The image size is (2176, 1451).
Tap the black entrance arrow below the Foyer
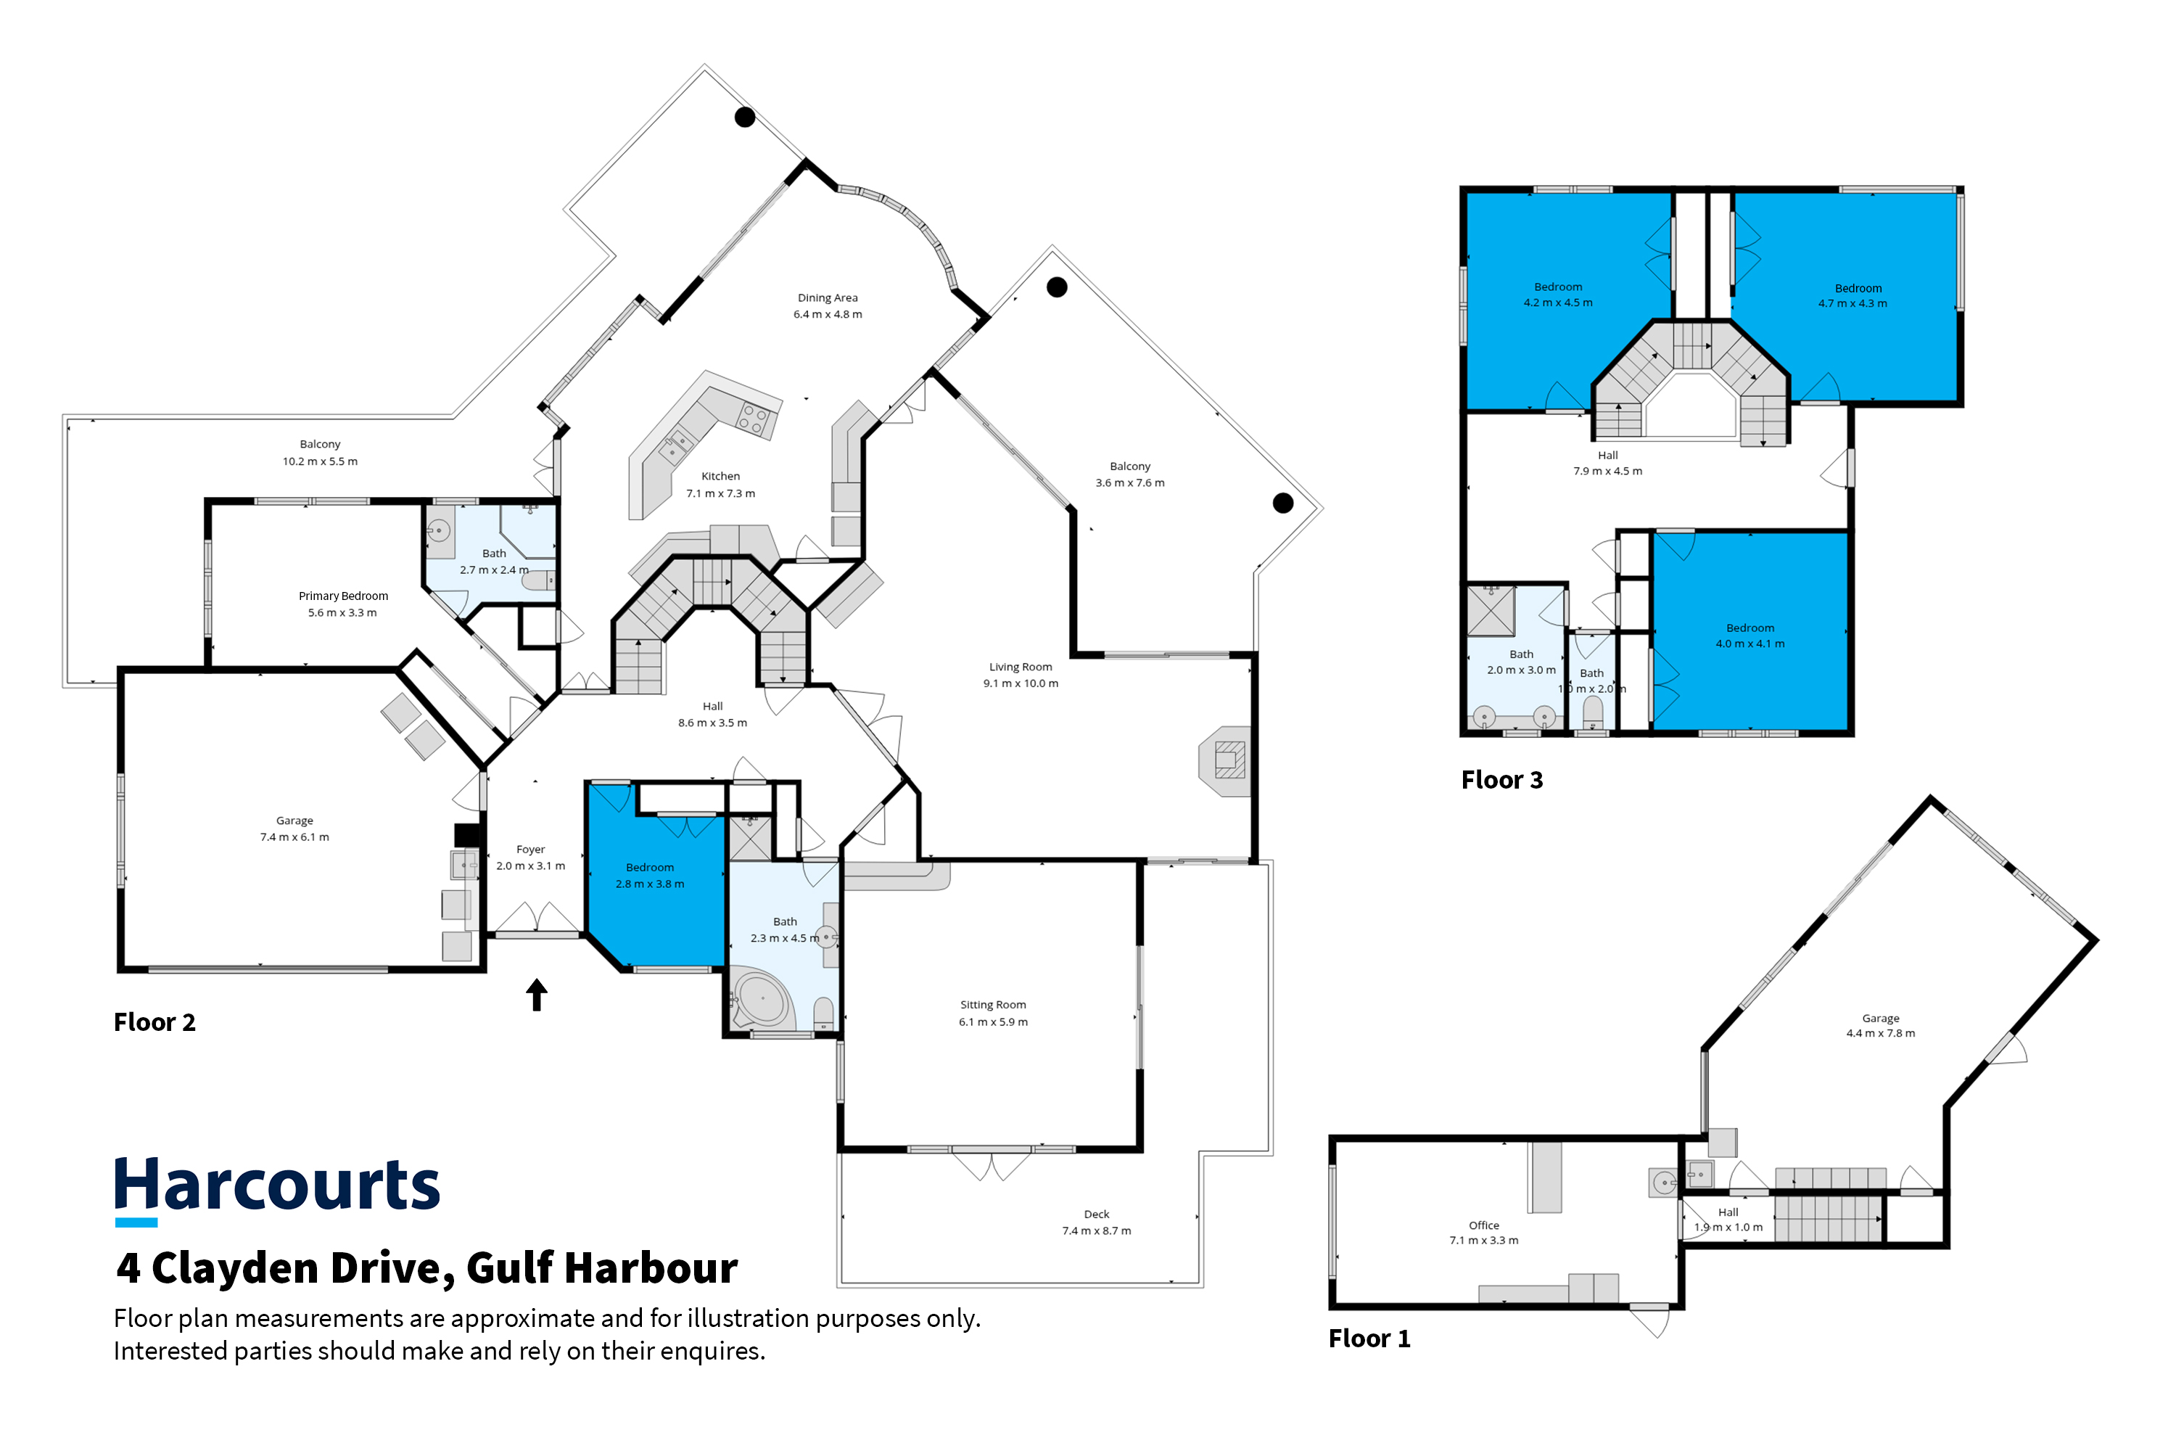pyautogui.click(x=537, y=995)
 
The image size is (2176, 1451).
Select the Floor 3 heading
pyautogui.click(x=1501, y=780)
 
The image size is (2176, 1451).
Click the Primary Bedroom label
pyautogui.click(x=343, y=596)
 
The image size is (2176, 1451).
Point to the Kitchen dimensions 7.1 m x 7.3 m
pyautogui.click(x=721, y=493)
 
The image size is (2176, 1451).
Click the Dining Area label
pyautogui.click(x=828, y=298)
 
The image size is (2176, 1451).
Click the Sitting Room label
pyautogui.click(x=993, y=1005)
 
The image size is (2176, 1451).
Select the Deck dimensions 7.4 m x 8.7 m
pyautogui.click(x=1096, y=1230)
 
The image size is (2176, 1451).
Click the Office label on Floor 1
pyautogui.click(x=1484, y=1225)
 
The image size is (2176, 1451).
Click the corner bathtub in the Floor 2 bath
pyautogui.click(x=762, y=1000)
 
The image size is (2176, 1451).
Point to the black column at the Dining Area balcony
pyautogui.click(x=745, y=117)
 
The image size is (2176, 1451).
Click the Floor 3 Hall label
pyautogui.click(x=1608, y=456)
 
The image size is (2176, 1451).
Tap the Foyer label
pyautogui.click(x=531, y=850)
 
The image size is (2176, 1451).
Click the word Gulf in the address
pyautogui.click(x=510, y=1269)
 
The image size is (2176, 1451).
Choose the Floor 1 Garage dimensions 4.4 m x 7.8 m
pyautogui.click(x=1881, y=1034)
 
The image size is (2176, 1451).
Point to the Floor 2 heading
pyautogui.click(x=154, y=1022)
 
